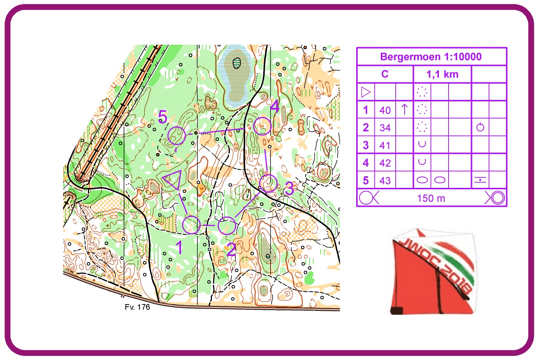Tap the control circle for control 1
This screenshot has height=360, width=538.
pyautogui.click(x=192, y=225)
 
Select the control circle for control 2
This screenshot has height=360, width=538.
pyautogui.click(x=227, y=225)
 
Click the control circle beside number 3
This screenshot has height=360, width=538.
pyautogui.click(x=268, y=183)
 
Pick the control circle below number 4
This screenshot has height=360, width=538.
pyautogui.click(x=262, y=126)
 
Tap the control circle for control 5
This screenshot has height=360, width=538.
pyautogui.click(x=177, y=135)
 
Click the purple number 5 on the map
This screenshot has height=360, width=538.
pyautogui.click(x=162, y=117)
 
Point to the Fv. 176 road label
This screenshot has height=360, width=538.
pyautogui.click(x=137, y=307)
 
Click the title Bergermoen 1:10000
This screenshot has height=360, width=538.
pyautogui.click(x=431, y=57)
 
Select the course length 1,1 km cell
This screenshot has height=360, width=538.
pyautogui.click(x=442, y=74)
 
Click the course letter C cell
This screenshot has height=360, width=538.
pyautogui.click(x=385, y=74)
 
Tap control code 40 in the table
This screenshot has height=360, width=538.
pyautogui.click(x=385, y=110)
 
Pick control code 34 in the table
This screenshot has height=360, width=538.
pyautogui.click(x=385, y=128)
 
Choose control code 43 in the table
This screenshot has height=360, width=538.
pyautogui.click(x=385, y=181)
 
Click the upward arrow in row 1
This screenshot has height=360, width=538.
pyautogui.click(x=405, y=110)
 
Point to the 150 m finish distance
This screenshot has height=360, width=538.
pyautogui.click(x=431, y=198)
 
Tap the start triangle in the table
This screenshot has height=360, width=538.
pyautogui.click(x=366, y=92)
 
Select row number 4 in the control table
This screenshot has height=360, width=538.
pyautogui.click(x=365, y=163)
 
